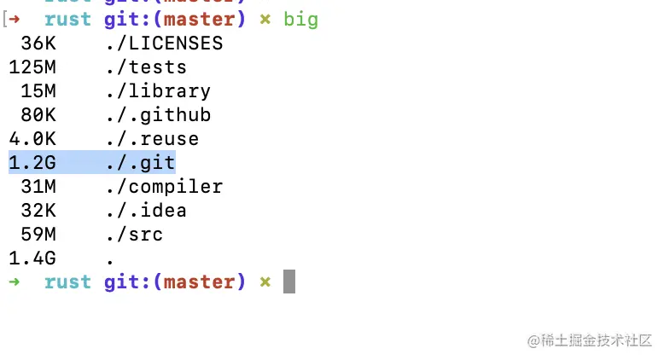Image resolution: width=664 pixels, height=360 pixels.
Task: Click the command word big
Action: (x=300, y=19)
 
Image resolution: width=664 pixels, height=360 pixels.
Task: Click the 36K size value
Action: (x=38, y=44)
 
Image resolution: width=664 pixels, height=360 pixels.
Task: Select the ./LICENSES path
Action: (x=164, y=44)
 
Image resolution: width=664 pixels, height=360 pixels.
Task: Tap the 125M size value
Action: (x=32, y=67)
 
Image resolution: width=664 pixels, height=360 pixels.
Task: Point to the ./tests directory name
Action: (x=146, y=67)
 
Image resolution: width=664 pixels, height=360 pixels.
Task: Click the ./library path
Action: (x=158, y=91)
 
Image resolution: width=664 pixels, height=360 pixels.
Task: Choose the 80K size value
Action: (x=38, y=115)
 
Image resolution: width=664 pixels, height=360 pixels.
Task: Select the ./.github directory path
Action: (x=158, y=115)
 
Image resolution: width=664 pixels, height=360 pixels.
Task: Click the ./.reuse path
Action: (x=152, y=139)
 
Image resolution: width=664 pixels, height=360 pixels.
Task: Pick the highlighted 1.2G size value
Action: (x=32, y=162)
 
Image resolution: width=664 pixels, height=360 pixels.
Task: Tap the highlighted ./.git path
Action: (x=140, y=162)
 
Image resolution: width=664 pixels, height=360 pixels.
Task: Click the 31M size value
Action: (x=38, y=186)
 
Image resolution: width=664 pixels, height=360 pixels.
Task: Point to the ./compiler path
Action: (x=164, y=186)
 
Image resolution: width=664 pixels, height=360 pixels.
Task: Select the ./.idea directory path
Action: (x=146, y=210)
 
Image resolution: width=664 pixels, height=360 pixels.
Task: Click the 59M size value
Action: (x=38, y=234)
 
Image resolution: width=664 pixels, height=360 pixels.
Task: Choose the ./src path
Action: (x=134, y=234)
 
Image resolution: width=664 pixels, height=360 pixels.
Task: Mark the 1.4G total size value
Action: (x=32, y=258)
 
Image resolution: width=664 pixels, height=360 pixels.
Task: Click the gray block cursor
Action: (x=289, y=282)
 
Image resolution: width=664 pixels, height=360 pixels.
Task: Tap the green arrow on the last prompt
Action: (x=14, y=282)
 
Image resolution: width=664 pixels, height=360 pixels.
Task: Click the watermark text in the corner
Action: (x=590, y=340)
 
